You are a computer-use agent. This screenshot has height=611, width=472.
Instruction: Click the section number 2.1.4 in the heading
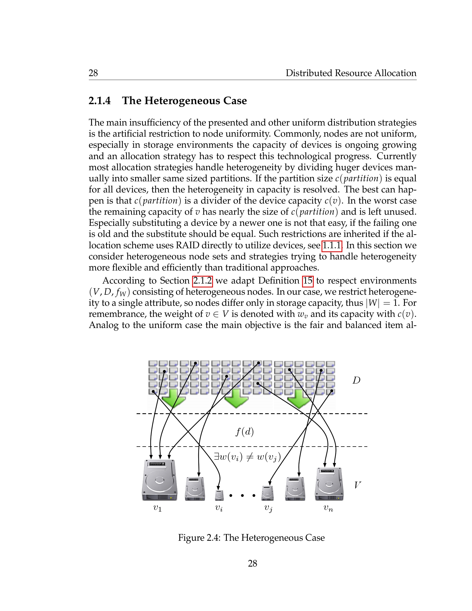tap(100, 101)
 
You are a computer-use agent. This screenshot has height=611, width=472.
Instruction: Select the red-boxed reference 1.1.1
tap(332, 246)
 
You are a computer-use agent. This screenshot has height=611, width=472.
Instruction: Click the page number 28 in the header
tap(93, 73)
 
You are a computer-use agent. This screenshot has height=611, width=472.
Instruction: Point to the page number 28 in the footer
tap(252, 564)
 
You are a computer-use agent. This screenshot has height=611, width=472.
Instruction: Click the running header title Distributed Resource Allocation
tap(351, 73)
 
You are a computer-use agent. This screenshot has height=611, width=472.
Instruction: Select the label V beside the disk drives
tap(357, 485)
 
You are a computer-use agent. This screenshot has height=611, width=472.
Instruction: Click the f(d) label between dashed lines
tap(244, 432)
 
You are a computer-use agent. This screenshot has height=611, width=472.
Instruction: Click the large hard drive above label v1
tap(159, 480)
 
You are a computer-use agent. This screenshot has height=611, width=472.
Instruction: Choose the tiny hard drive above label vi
tap(219, 495)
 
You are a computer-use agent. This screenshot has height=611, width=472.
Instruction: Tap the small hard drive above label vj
tap(267, 493)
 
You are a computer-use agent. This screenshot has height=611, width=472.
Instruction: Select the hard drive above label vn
tap(329, 484)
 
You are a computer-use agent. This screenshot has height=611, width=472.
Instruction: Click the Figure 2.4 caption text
tap(251, 538)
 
